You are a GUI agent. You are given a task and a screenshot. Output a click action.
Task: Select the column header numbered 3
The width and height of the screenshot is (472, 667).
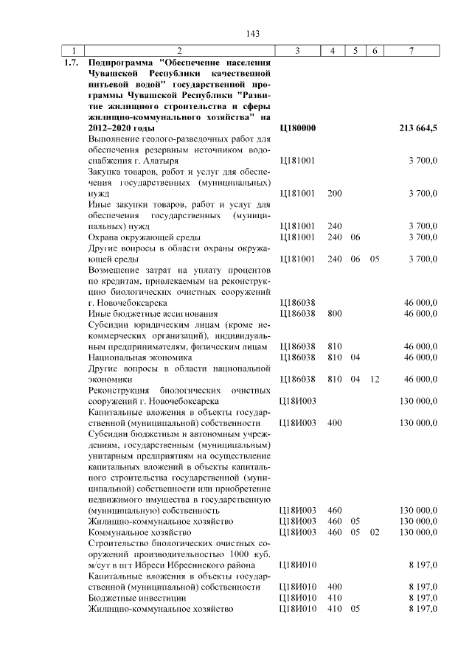(x=296, y=50)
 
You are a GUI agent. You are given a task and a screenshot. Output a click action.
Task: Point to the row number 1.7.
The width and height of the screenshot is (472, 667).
(x=71, y=62)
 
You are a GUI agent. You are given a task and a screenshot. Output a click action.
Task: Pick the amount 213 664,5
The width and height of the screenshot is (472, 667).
(x=418, y=128)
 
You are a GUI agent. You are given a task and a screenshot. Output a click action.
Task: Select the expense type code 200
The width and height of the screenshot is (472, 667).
(x=334, y=193)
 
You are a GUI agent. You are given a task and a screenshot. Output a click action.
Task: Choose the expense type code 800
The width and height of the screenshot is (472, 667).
(x=334, y=313)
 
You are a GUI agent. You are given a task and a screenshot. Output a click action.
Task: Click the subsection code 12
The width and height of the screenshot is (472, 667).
(x=375, y=379)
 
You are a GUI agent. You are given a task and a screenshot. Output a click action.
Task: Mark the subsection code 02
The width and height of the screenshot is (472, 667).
(x=375, y=531)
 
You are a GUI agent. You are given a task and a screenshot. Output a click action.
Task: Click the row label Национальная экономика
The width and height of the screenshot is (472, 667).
(x=139, y=357)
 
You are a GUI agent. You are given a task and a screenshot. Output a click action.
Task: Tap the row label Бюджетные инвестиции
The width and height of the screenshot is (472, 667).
(x=133, y=598)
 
